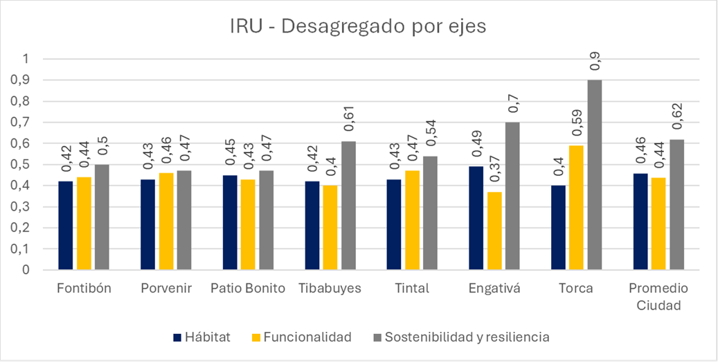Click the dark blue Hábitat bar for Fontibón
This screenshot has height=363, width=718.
pos(66,225)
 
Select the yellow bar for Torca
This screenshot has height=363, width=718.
pos(577,207)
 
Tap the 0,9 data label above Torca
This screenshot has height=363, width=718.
pos(595,62)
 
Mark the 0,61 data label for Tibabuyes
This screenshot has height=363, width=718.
pos(348,123)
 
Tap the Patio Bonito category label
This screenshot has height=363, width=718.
pos(248,289)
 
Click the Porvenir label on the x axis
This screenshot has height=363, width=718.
pos(165,289)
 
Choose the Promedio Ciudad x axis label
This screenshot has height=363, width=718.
pos(658,296)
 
